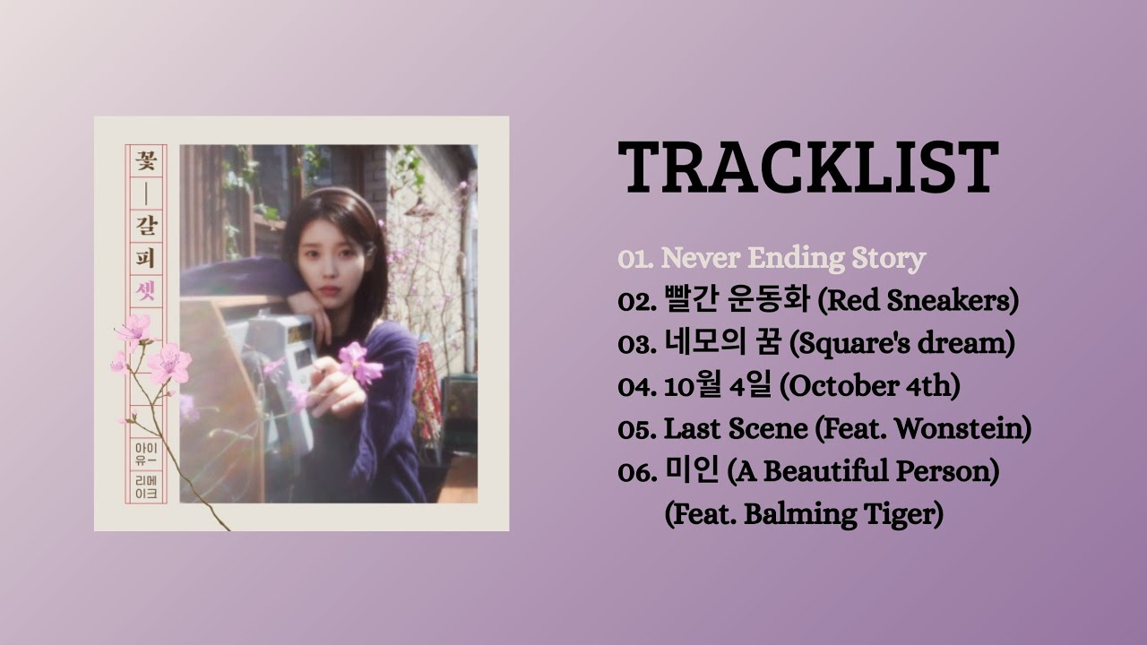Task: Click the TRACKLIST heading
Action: (808, 168)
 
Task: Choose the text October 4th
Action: (870, 387)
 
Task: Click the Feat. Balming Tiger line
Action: (804, 514)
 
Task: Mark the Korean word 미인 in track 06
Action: (684, 471)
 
